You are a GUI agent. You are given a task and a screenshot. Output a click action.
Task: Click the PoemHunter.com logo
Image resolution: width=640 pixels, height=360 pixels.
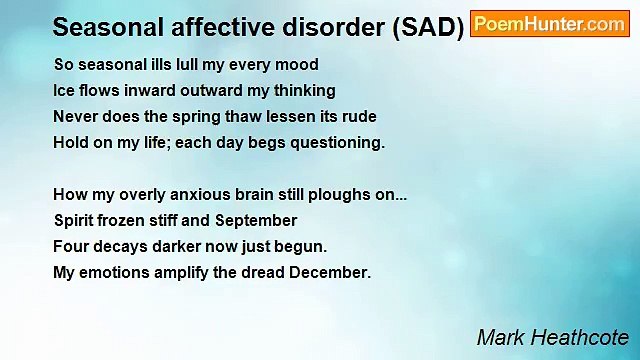point(549,25)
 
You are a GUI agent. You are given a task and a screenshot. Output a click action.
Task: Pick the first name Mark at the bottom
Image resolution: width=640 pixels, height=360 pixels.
point(499,337)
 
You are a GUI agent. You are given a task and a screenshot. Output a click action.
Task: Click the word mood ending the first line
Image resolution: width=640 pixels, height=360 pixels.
point(297,65)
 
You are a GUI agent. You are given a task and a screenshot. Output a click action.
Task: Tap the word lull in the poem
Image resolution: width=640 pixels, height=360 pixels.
point(183,65)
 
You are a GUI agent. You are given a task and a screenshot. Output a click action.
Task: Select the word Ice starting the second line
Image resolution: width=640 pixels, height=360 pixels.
point(64,91)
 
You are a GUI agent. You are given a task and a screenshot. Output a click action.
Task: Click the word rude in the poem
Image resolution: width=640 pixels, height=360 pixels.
point(358,117)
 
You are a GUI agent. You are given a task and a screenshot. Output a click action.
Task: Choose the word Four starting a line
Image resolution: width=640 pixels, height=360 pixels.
point(71,246)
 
